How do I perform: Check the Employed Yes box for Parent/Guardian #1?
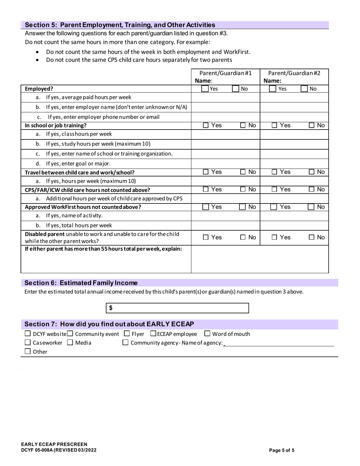(x=205, y=89)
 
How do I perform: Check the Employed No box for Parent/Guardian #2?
(x=304, y=89)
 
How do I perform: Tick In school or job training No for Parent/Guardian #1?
(x=243, y=125)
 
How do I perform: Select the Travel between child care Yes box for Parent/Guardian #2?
(x=274, y=172)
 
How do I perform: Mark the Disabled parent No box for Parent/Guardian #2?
(x=312, y=238)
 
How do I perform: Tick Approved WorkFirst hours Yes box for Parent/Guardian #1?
(x=205, y=207)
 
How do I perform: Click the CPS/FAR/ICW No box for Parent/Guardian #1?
(x=243, y=189)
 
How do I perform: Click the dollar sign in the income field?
(x=111, y=308)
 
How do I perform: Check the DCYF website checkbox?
(x=27, y=334)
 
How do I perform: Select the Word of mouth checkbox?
(x=207, y=334)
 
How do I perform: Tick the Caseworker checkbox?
(x=27, y=342)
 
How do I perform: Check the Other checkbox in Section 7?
(x=27, y=352)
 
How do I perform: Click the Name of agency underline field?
(x=279, y=343)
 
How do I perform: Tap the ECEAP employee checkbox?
(x=153, y=334)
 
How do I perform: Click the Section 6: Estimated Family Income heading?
(x=81, y=283)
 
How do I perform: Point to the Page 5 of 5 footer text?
(x=282, y=450)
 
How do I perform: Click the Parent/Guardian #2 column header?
(x=294, y=73)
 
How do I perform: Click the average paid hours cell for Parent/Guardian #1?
(x=225, y=98)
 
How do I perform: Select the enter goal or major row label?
(x=78, y=164)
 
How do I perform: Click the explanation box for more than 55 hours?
(x=260, y=259)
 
